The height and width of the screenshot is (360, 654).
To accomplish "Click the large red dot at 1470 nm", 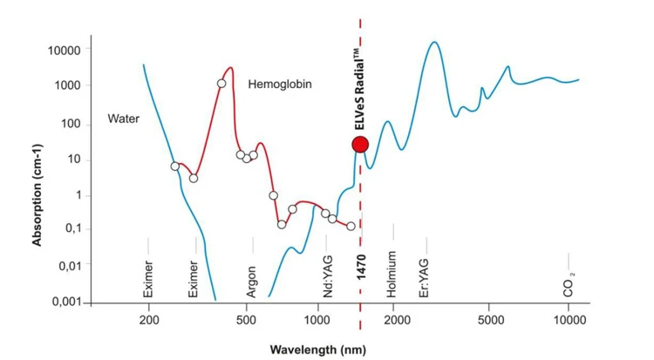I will [x=360, y=144].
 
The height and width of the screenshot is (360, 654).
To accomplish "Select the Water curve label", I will [x=123, y=118].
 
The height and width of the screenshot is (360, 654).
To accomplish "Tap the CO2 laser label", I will [x=569, y=284].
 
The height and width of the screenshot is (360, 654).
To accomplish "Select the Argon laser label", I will [x=251, y=282].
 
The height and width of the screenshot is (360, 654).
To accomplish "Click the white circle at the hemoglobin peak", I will [x=221, y=84].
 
